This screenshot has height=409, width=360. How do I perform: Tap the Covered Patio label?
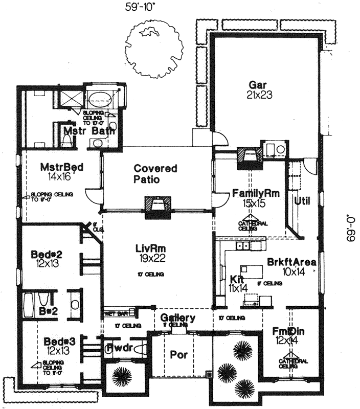click(155, 174)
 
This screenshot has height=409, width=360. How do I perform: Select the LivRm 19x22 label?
click(151, 253)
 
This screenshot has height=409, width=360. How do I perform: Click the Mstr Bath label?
click(89, 131)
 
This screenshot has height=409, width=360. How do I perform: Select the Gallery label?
click(177, 319)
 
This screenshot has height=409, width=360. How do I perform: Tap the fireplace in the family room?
click(250, 157)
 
